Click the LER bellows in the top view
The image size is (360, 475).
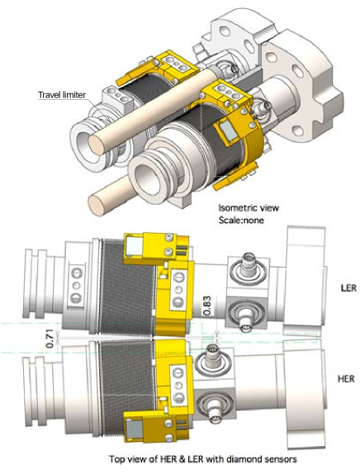(121, 286)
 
